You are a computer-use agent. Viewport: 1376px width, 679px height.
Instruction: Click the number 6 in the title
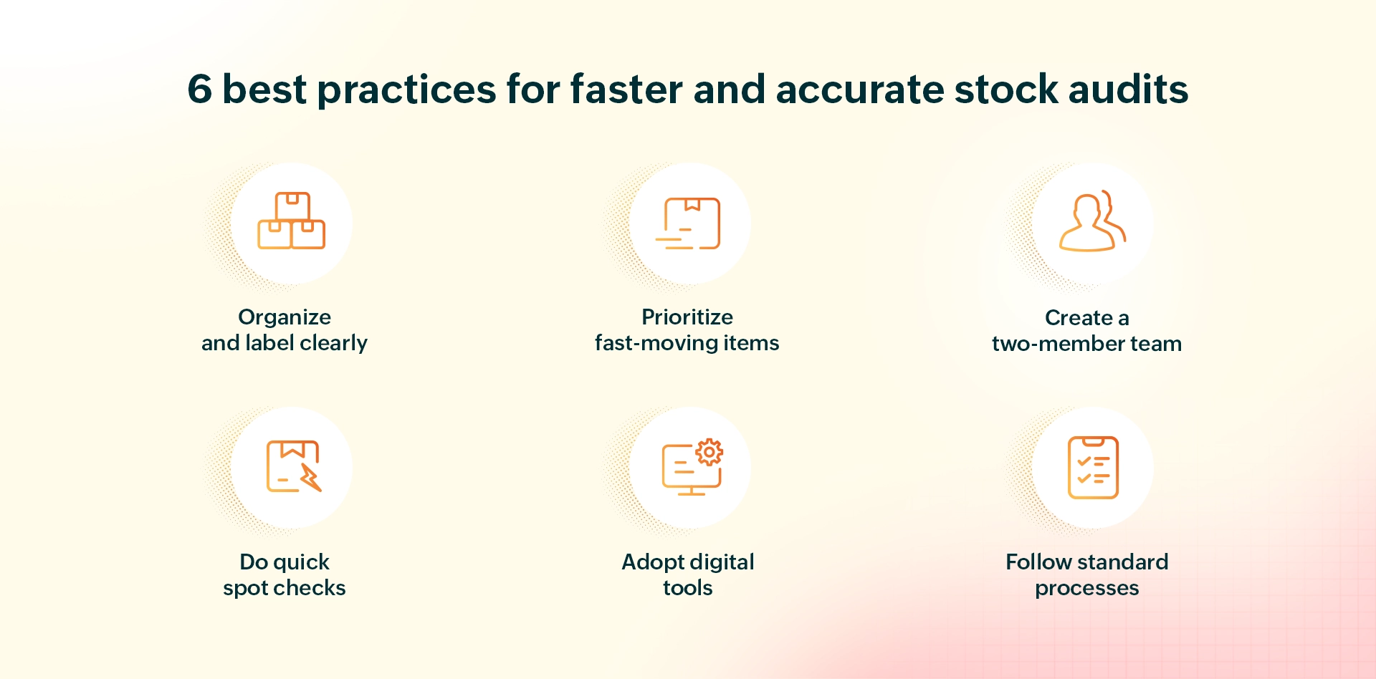[200, 90]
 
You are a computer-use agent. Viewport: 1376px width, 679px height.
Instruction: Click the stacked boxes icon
[292, 221]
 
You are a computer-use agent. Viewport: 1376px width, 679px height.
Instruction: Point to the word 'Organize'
[285, 317]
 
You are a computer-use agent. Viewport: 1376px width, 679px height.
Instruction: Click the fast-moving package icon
[689, 223]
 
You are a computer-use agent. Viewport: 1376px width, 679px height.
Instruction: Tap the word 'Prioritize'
[687, 317]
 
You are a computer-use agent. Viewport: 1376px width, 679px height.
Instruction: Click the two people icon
[1091, 222]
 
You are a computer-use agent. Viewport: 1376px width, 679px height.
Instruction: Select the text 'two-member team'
[1086, 344]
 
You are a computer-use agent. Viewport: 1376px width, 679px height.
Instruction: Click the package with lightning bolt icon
[292, 466]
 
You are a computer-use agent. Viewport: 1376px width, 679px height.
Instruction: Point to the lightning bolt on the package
[311, 477]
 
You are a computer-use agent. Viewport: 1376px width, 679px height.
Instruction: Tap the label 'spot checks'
[285, 588]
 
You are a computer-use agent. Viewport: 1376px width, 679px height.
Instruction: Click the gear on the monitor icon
[709, 453]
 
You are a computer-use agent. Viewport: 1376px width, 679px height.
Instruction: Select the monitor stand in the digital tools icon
[691, 492]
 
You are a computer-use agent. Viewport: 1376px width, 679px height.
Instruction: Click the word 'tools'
[687, 588]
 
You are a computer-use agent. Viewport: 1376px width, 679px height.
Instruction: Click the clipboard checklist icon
[1092, 467]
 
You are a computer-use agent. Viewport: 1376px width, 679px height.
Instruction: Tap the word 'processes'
[1086, 588]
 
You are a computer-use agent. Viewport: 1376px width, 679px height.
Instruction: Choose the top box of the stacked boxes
[292, 206]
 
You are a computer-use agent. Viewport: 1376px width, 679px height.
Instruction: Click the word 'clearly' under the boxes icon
[333, 343]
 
